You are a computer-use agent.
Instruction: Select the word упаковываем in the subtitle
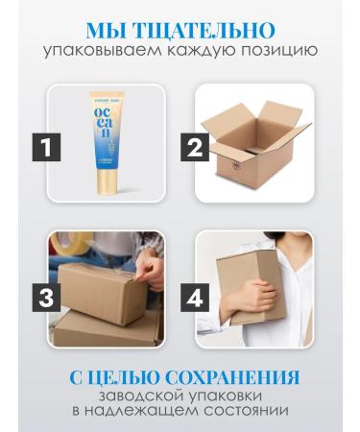click(106, 50)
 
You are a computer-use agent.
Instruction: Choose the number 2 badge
click(196, 147)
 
